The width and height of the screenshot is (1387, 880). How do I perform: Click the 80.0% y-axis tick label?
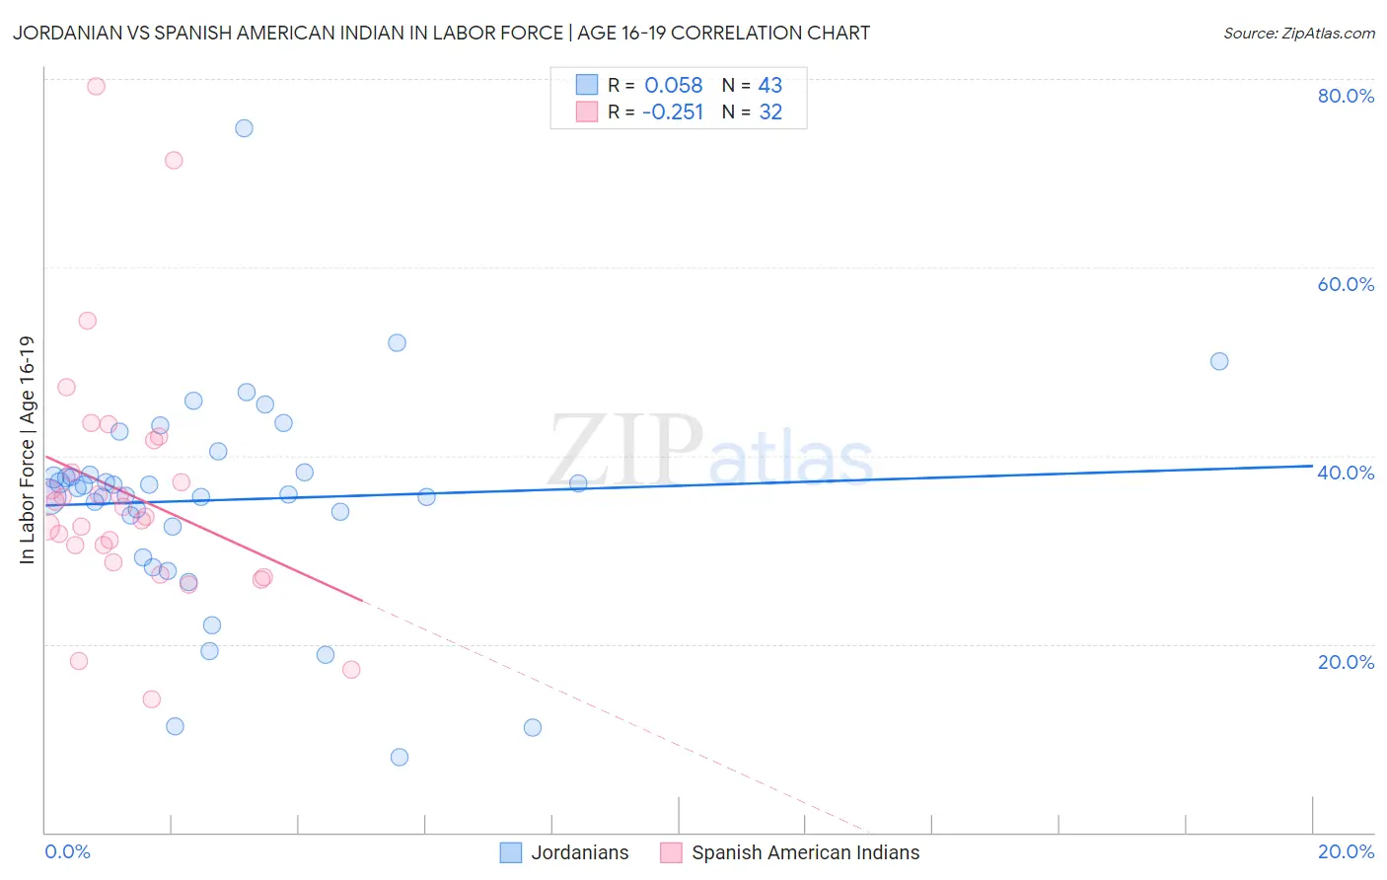tap(1346, 96)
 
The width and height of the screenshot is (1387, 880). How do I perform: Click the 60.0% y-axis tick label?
tap(1346, 284)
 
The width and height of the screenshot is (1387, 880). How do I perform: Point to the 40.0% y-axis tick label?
tap(1346, 473)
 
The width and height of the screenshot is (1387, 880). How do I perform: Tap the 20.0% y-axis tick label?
tap(1346, 662)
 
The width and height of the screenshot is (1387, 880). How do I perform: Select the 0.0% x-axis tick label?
tap(67, 851)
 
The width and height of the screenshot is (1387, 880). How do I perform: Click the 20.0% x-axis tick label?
tap(1346, 851)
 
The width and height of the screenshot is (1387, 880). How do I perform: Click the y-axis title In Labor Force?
tap(27, 450)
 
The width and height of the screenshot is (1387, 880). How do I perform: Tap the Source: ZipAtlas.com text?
tap(1298, 33)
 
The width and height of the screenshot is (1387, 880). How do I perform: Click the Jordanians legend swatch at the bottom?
tap(511, 852)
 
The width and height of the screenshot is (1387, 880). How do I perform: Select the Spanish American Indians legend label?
tap(805, 852)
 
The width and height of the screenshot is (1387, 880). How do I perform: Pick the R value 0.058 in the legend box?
tap(673, 85)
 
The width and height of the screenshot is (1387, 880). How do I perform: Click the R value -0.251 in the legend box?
tap(673, 112)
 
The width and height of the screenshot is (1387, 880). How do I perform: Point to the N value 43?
tap(769, 85)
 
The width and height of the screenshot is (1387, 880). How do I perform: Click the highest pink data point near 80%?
tap(96, 86)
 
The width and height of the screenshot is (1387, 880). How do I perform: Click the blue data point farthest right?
tap(1219, 361)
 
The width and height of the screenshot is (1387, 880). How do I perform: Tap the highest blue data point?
tap(244, 128)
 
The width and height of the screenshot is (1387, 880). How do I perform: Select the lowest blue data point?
tap(400, 757)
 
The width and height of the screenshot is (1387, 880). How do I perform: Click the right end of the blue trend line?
tap(1311, 466)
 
